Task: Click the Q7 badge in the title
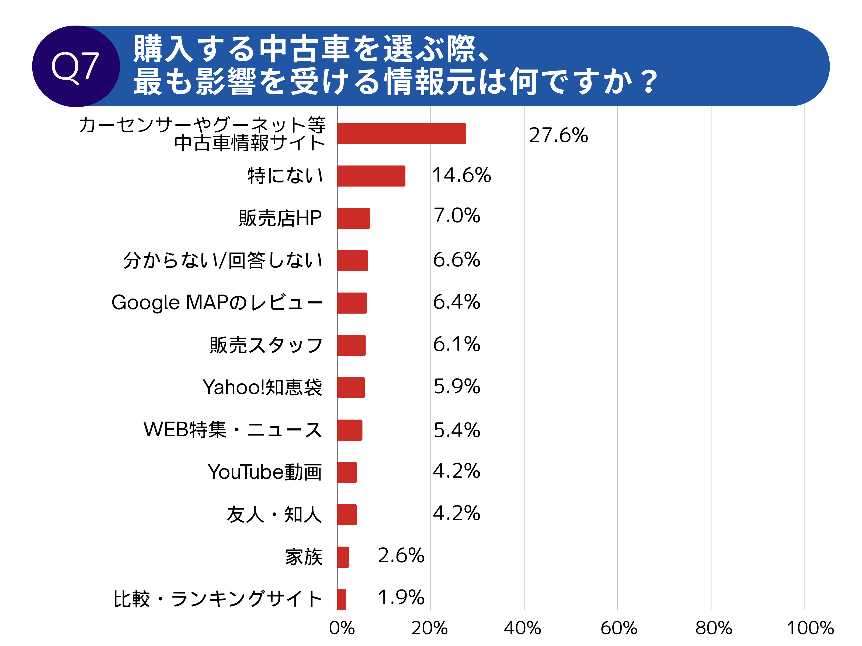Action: click(x=76, y=66)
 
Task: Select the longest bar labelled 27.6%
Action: click(x=401, y=134)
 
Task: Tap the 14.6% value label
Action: click(x=461, y=175)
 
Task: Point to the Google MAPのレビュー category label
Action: click(x=217, y=303)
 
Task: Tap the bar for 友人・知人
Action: click(x=347, y=514)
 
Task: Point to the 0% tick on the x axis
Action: click(x=341, y=628)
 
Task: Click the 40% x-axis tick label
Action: click(x=522, y=628)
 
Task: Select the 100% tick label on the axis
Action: click(x=810, y=628)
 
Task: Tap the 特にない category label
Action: click(x=285, y=175)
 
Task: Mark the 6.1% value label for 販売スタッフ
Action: click(x=457, y=344)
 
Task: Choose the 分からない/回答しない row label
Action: click(x=223, y=261)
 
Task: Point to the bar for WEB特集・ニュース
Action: click(x=350, y=430)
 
